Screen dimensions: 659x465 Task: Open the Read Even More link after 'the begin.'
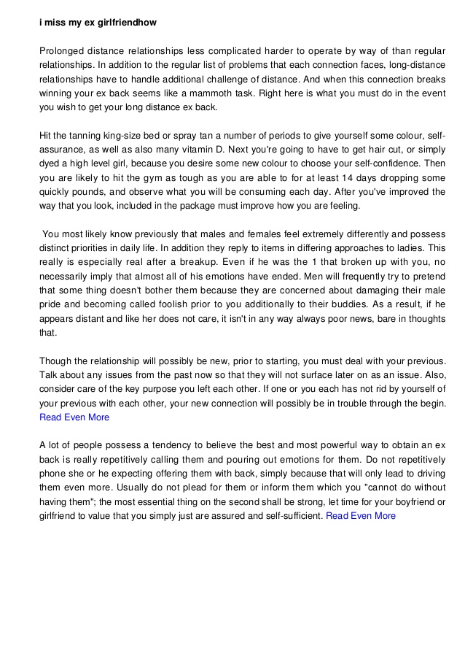74,417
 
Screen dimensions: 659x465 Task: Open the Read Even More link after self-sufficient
361,515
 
